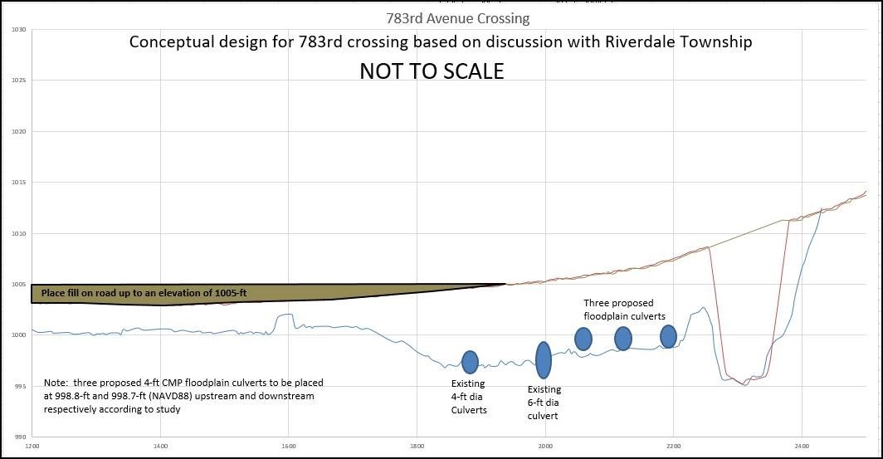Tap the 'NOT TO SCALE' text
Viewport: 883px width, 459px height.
tap(431, 71)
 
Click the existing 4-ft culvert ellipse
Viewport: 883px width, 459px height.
tap(470, 362)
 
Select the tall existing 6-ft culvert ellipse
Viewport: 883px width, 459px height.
tap(544, 359)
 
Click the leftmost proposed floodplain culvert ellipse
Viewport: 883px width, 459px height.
tap(583, 339)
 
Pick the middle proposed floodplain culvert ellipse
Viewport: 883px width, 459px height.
tap(623, 339)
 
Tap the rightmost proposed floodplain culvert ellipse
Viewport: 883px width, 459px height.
tap(668, 336)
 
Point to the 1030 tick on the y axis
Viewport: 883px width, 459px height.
tap(18, 30)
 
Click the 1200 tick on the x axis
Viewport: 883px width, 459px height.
tap(32, 447)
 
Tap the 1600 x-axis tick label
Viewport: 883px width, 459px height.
tap(288, 447)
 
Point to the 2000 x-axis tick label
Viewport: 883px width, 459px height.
tap(545, 447)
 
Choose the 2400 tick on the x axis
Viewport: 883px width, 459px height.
tap(801, 447)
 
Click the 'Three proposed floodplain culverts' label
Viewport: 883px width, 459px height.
tap(624, 310)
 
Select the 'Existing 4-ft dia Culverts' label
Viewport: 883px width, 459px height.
tap(469, 397)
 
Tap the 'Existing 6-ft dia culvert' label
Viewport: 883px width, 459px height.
tap(544, 402)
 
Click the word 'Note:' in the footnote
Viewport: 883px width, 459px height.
tap(56, 383)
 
